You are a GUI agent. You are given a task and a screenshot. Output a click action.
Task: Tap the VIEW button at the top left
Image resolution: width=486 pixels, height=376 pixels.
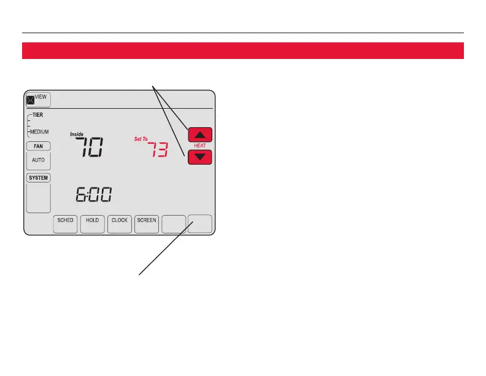coord(38,100)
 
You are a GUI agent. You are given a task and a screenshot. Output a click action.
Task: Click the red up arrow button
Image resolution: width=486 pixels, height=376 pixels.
coord(200,135)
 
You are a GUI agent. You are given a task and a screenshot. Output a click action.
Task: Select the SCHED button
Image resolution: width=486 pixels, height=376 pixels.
coord(66,224)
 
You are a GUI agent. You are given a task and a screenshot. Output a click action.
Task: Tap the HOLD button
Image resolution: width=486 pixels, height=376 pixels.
coord(93,224)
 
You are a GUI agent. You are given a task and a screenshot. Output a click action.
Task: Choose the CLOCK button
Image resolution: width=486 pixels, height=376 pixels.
coord(120,224)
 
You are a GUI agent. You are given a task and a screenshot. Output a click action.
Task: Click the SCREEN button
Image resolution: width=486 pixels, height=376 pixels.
coord(147,224)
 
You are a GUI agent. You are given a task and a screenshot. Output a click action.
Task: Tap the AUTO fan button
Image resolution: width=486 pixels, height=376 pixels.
coord(39,160)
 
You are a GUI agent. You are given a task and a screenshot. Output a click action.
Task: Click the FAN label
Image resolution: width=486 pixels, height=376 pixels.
coord(38,146)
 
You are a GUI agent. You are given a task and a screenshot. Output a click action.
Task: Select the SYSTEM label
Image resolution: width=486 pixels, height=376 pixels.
coord(38,178)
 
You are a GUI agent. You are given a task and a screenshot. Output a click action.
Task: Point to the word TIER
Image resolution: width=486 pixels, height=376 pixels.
coord(37,115)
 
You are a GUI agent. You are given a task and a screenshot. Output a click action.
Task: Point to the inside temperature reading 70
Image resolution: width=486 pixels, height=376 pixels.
coord(89,148)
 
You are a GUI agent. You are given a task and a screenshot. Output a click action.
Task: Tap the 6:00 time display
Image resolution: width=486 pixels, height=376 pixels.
coord(93,196)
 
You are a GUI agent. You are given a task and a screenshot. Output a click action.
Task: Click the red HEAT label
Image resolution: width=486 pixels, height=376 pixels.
coord(200,146)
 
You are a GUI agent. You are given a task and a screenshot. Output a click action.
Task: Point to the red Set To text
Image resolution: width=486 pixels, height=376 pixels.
coord(141,139)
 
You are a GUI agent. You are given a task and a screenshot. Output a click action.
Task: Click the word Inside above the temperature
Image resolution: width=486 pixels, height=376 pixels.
coord(77,134)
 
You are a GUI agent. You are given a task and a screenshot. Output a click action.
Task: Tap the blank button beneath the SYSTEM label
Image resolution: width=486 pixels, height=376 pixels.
coord(38,198)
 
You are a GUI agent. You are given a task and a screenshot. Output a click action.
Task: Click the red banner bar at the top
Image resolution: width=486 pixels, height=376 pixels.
coord(242,50)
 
